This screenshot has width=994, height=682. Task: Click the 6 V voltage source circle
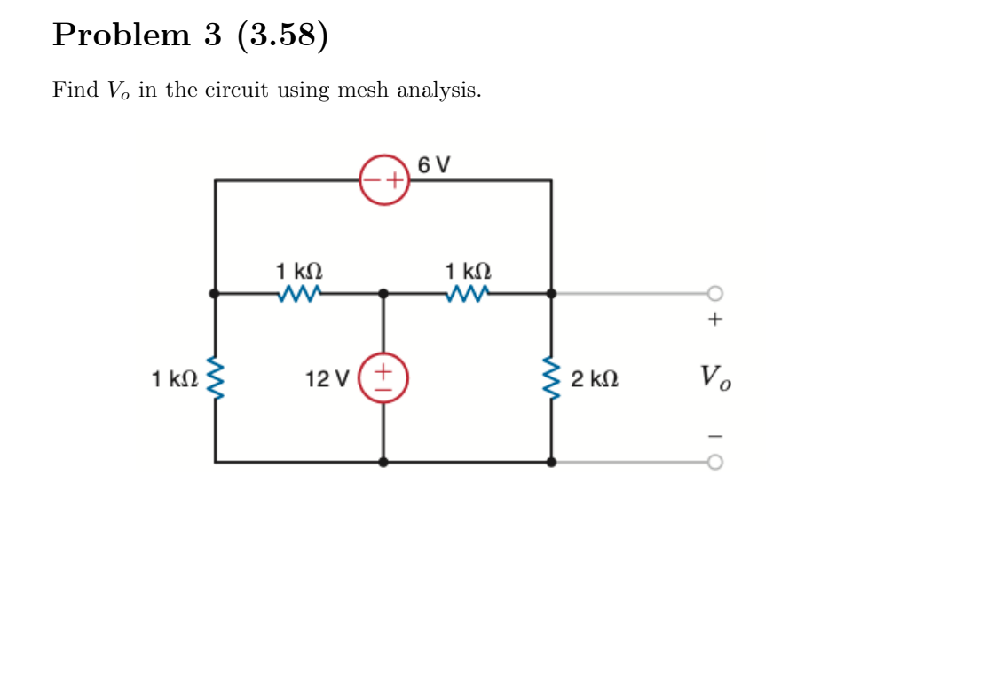383,180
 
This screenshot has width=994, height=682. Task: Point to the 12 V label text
327,379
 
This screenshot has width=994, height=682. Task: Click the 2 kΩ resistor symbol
551,377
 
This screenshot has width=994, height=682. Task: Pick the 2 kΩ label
595,380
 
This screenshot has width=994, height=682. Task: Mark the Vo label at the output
715,377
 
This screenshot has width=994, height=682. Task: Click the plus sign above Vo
715,319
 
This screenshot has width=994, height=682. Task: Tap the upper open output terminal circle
715,292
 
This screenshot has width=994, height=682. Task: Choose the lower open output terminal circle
715,462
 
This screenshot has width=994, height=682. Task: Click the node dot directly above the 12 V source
383,292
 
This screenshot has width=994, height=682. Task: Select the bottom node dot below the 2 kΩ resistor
551,462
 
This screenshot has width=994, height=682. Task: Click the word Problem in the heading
121,35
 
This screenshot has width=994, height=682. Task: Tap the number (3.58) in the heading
282,35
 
